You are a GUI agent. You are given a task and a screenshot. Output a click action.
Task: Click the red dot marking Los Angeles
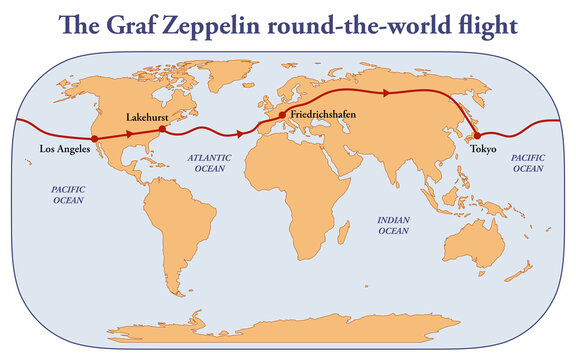[x=93, y=139]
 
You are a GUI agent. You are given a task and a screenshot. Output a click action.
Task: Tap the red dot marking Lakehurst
[x=163, y=130]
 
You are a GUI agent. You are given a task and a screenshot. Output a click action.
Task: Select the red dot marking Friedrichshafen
[x=283, y=115]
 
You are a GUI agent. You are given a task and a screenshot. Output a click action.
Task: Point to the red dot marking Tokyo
[x=476, y=135]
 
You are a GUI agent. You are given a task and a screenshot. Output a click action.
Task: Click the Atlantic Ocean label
[x=209, y=163]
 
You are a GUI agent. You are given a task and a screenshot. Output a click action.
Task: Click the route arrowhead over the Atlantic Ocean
[x=240, y=133]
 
